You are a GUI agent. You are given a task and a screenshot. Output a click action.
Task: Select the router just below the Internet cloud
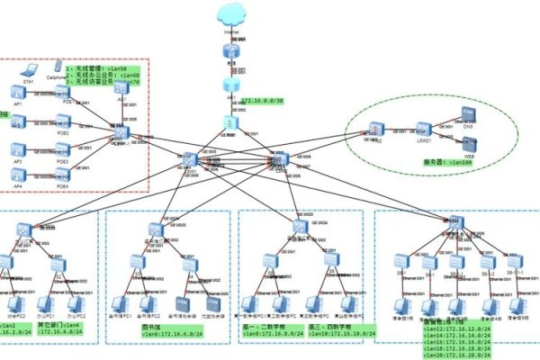point(231,55)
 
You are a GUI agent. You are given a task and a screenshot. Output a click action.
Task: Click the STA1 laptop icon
point(29,71)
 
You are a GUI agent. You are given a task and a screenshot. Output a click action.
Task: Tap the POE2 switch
point(64,121)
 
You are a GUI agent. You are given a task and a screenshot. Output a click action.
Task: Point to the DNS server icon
point(468,114)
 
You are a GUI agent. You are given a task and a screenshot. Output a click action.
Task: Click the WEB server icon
point(468,145)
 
